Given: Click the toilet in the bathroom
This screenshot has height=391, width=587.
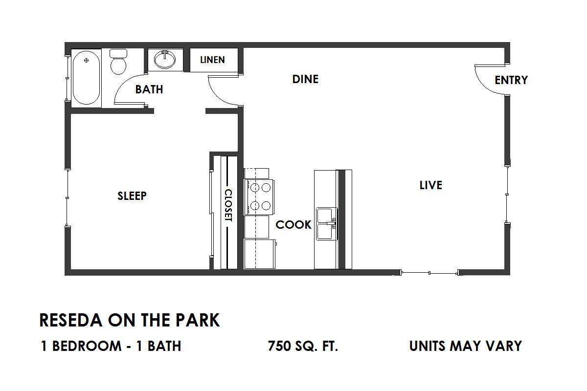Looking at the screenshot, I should click(x=118, y=62).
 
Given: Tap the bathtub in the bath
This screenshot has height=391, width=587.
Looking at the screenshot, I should click(x=87, y=78).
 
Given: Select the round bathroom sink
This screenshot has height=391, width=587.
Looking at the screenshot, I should click(x=165, y=60).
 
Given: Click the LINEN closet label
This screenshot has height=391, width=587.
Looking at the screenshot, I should click(x=213, y=60).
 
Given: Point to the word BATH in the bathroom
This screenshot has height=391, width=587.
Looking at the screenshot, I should click(x=149, y=90).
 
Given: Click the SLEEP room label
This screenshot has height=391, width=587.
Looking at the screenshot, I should click(x=132, y=196).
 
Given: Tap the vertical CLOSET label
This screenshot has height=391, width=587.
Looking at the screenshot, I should click(x=228, y=206).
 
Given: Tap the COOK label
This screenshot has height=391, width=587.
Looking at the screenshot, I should click(x=293, y=225).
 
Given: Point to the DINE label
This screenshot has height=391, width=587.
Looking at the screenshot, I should click(x=305, y=79).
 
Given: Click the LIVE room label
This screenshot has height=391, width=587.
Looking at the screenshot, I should click(x=431, y=185).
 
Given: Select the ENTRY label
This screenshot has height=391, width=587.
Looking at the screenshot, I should click(x=511, y=80).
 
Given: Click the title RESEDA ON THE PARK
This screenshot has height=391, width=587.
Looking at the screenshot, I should click(x=130, y=321).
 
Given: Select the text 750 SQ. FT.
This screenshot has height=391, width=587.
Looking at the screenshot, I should click(x=303, y=347).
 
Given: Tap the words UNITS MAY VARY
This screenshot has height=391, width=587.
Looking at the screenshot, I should click(x=465, y=347).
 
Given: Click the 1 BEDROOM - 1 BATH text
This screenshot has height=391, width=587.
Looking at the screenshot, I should click(x=111, y=347).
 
